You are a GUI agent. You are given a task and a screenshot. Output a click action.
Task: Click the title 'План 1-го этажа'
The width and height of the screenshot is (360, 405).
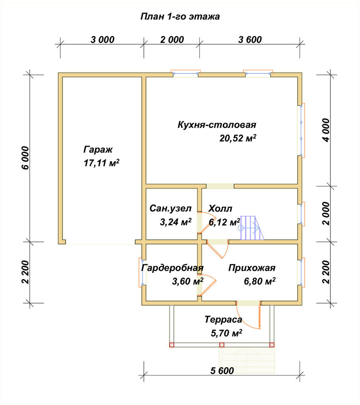point(180,17)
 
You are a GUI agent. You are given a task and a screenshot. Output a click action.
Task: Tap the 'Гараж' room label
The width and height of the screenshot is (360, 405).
point(98,150)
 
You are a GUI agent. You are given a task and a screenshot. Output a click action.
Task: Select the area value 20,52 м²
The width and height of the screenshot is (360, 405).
point(238,138)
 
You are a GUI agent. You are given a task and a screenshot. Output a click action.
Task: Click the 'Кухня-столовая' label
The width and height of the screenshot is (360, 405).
point(217,125)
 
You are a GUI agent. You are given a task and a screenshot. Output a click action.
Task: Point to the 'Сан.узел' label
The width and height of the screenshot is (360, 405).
point(170,208)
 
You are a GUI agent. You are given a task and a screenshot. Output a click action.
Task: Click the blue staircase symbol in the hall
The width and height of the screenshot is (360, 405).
point(252,228)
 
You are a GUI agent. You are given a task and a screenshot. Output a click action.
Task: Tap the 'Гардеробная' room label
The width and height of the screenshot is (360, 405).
point(173,268)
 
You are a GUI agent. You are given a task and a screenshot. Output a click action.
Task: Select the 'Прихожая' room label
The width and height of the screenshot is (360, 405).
point(252,268)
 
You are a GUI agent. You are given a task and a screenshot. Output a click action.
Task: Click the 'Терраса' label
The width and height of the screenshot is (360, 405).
point(224,320)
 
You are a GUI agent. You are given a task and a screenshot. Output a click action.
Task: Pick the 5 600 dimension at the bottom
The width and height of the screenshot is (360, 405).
point(222,371)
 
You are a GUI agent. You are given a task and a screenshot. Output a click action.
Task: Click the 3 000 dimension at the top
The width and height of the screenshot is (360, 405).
point(102,40)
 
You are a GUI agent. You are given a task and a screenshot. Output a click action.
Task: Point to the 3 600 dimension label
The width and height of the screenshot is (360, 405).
point(250,40)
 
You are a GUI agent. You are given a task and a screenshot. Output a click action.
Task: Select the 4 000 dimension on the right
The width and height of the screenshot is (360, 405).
point(326,130)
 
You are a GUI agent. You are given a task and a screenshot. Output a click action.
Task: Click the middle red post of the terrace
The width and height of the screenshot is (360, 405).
point(222,345)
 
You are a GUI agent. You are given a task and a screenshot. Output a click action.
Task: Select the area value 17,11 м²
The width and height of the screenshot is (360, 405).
point(102,163)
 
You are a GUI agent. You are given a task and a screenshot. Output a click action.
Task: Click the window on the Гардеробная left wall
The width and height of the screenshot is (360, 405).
point(141,272)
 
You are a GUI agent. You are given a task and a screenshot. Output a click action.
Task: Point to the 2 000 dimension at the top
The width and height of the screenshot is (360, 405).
point(172,40)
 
